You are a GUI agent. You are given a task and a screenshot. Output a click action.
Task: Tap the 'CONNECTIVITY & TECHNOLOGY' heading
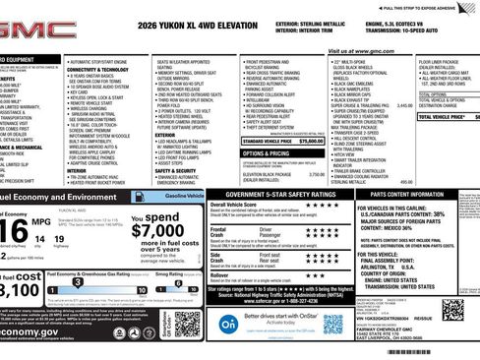tap(99, 69)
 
